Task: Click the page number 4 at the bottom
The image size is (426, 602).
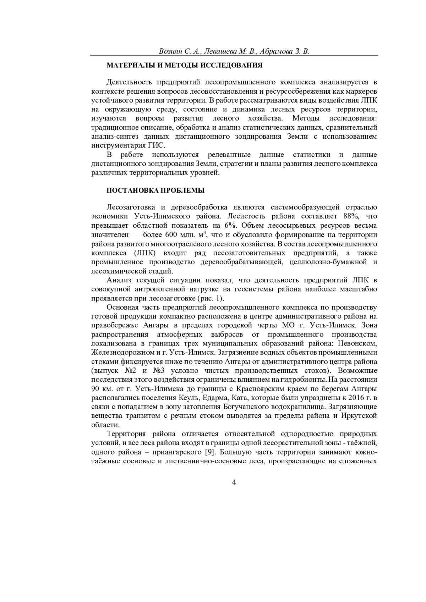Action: click(x=234, y=482)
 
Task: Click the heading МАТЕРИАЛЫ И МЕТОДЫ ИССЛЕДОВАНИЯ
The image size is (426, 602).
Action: click(x=185, y=66)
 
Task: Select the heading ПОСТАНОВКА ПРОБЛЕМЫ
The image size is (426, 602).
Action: click(x=156, y=190)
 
